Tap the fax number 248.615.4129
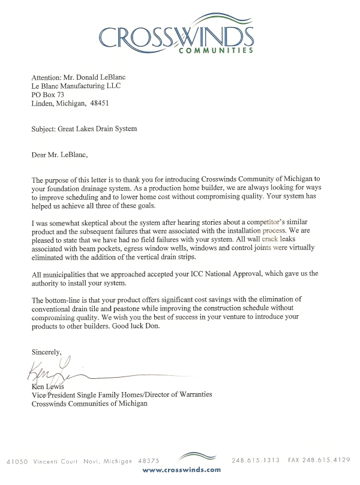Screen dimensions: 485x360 (328, 460)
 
